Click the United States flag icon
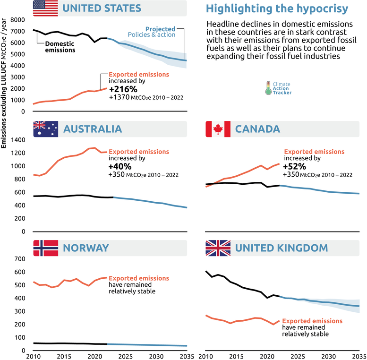point(45,8)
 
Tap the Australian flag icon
point(45,129)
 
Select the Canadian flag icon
point(218,129)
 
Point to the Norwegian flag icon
point(45,248)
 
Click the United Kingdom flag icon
point(218,248)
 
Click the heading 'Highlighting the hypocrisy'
point(277,9)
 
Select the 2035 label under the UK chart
point(359,355)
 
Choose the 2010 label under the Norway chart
point(33,355)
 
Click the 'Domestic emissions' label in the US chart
point(60,47)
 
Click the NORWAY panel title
point(86,248)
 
